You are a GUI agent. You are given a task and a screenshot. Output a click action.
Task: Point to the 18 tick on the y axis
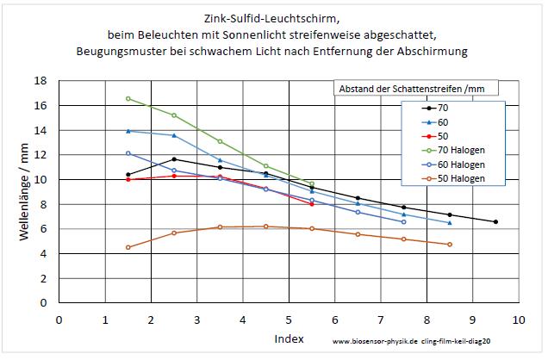pyautogui.click(x=40, y=81)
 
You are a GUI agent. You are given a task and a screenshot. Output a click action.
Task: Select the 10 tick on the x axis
pyautogui.click(x=519, y=320)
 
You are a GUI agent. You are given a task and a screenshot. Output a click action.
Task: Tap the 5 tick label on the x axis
pyautogui.click(x=289, y=320)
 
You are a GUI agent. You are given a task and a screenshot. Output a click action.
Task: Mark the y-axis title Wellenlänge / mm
pyautogui.click(x=23, y=192)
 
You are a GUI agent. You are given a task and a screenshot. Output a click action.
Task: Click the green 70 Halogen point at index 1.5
pyautogui.click(x=128, y=98)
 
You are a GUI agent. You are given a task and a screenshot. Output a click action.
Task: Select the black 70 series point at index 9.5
pyautogui.click(x=495, y=222)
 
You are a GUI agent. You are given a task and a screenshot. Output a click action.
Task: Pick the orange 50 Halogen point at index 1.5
pyautogui.click(x=128, y=247)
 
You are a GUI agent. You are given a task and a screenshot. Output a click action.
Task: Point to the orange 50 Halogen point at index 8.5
pyautogui.click(x=450, y=245)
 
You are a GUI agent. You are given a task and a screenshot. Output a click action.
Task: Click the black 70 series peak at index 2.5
pyautogui.click(x=174, y=159)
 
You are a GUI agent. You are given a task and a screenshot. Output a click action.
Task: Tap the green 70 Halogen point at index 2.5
pyautogui.click(x=174, y=115)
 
